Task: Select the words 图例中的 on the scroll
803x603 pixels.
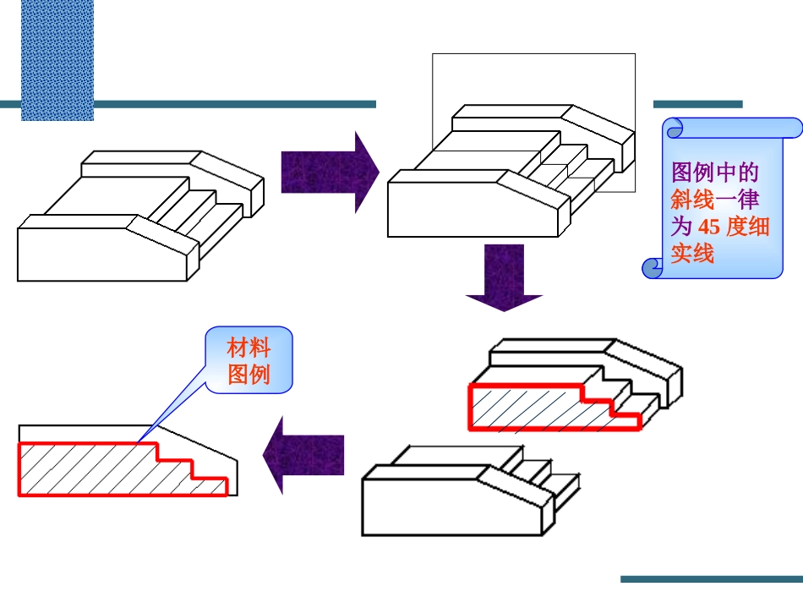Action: click(714, 173)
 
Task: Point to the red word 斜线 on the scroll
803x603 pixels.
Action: click(692, 200)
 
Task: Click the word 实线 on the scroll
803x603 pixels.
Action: click(692, 253)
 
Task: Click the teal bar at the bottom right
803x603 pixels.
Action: click(711, 579)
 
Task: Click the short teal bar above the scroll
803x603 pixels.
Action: click(697, 104)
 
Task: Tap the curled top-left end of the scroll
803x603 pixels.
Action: click(675, 129)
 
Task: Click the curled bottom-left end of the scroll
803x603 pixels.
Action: click(652, 268)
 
